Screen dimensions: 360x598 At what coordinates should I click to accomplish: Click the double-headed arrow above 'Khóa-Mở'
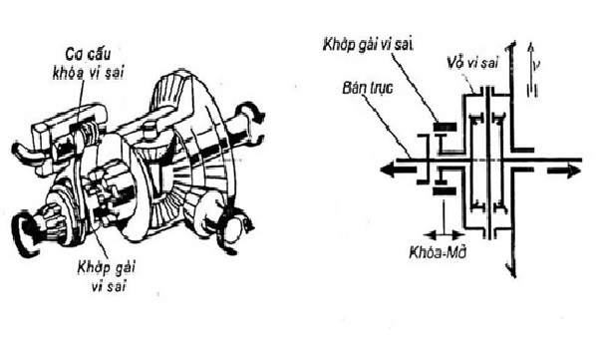point(441,214)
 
